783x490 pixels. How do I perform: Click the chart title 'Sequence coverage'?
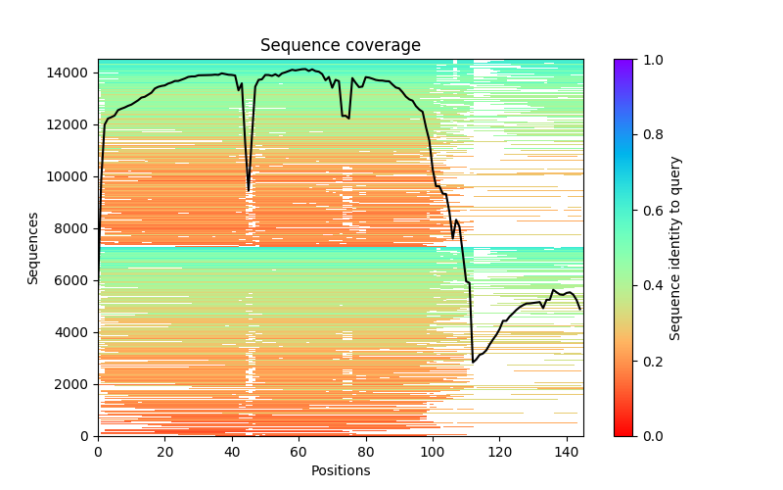(340, 46)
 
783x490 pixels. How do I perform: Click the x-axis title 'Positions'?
(340, 470)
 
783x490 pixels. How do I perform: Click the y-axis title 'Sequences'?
(33, 248)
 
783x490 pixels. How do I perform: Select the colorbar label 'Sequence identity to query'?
(675, 248)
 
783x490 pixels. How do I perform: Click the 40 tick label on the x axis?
(232, 452)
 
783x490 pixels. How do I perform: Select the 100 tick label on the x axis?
(433, 452)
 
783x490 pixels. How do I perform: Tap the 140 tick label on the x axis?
(567, 452)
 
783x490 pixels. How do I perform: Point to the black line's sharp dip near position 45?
(249, 189)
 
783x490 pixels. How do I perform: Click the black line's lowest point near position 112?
(473, 363)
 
